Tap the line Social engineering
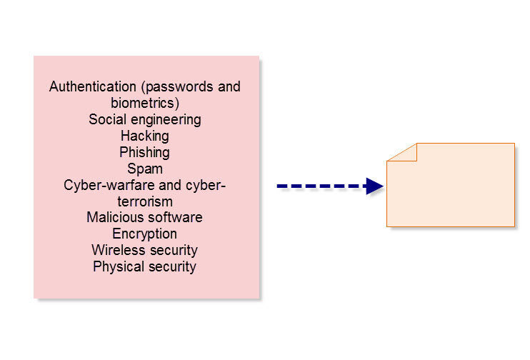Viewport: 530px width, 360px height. tap(144, 119)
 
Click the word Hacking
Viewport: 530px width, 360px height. tap(144, 136)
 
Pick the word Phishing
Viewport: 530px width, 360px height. tap(144, 152)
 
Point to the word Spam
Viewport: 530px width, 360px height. tap(144, 169)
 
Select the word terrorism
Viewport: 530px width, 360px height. tap(144, 201)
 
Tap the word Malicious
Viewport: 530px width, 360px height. tap(113, 217)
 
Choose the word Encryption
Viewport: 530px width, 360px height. tap(144, 234)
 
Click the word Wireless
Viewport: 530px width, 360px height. tap(116, 250)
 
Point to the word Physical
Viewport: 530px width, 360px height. tap(115, 266)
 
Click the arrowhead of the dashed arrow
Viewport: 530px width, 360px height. tap(374, 186)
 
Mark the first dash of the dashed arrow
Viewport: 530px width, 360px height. tap(282, 186)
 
